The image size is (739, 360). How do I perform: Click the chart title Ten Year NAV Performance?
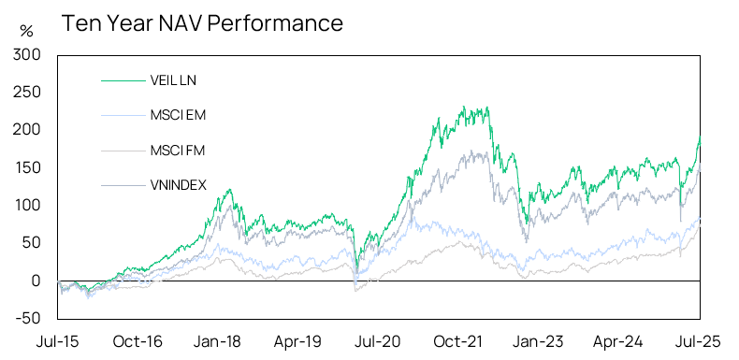point(202,22)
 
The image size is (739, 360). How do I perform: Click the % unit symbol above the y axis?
point(26,31)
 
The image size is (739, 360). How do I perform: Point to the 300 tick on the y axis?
point(27,55)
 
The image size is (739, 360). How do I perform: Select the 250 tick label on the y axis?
point(27,93)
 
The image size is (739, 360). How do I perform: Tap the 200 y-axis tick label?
point(27,130)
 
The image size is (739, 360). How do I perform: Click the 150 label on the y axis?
point(27,167)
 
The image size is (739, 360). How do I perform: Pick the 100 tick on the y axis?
point(27,205)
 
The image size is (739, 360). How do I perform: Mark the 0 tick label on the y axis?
point(36,281)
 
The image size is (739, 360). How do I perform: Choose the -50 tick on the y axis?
point(28,318)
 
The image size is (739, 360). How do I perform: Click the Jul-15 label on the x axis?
point(57,341)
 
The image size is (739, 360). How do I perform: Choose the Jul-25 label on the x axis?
point(700,341)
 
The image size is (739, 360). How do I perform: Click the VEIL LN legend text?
point(172,80)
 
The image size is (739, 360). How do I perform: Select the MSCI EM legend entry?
point(178,115)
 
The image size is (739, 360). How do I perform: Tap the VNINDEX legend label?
point(178,183)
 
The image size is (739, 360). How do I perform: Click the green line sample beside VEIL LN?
point(121,80)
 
